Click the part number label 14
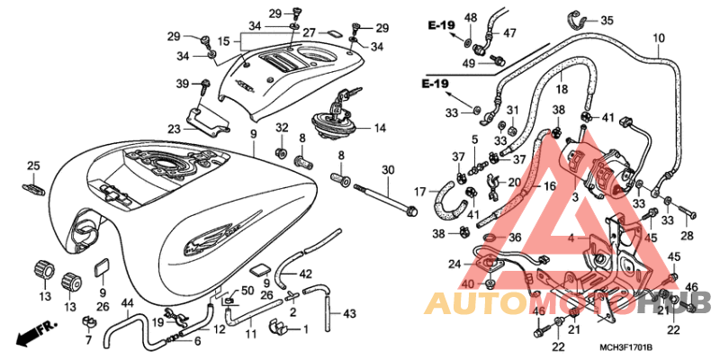(380, 128)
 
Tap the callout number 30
(388, 170)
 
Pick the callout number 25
(33, 166)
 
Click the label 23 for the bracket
(174, 130)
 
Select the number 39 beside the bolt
(183, 83)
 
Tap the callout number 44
(127, 302)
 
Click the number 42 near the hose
(305, 274)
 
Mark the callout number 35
(607, 21)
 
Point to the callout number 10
(659, 39)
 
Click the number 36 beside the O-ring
(515, 238)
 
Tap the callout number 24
(455, 265)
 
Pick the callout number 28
(687, 236)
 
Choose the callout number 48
(470, 17)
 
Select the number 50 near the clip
(247, 290)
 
